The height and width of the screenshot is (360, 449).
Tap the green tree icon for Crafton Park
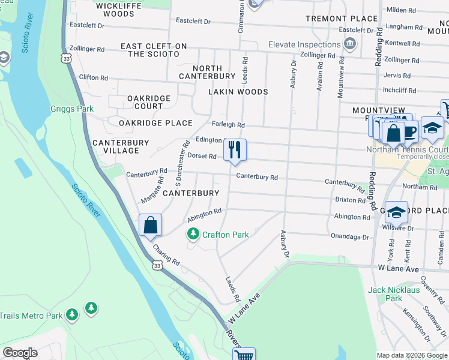coord(193,234)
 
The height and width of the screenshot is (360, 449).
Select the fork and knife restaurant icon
coord(234,149)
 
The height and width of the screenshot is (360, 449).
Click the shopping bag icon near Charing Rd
coord(150,226)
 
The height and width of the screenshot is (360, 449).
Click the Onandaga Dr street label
coord(350,236)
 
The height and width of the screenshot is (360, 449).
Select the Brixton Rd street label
coord(349,199)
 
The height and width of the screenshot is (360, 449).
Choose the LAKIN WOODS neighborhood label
coord(238,92)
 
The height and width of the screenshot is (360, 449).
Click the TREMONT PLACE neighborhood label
coord(336,19)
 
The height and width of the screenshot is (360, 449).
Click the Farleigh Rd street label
coord(228,125)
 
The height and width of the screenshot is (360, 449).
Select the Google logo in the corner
coord(20,353)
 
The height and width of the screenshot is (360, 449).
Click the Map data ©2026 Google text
coord(412,355)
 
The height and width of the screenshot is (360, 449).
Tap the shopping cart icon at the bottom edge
coord(244,355)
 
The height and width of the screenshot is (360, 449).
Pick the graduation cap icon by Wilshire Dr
coord(397,212)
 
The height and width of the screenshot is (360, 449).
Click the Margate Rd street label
coord(152,189)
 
